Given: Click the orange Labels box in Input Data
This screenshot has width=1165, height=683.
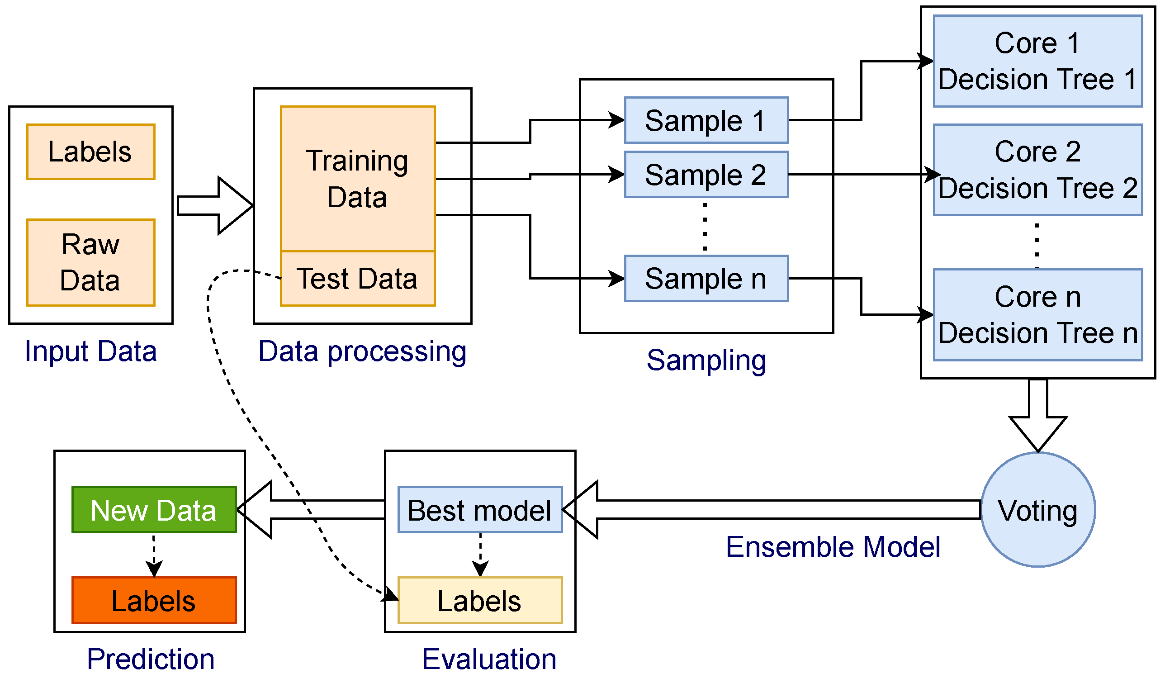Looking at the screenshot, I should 90,152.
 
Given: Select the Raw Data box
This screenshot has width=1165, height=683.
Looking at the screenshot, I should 90,263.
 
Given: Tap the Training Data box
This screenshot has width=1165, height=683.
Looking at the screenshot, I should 358,179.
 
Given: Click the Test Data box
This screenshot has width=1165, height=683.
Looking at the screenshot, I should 358,279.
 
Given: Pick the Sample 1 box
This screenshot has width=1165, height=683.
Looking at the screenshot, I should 706,120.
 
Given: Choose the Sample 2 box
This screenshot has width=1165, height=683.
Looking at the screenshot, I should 706,174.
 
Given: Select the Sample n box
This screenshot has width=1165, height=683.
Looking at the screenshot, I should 706,279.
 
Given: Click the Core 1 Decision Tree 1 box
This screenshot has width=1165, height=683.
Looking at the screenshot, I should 1038,61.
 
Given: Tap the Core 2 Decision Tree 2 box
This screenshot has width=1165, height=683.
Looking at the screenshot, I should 1038,170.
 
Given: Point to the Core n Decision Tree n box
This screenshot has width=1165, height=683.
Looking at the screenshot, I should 1038,315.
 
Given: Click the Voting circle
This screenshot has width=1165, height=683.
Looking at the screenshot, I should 1038,510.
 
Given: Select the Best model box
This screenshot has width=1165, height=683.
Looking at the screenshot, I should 480,510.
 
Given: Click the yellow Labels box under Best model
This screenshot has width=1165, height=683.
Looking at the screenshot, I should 480,600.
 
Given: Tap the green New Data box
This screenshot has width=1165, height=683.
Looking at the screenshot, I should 154,510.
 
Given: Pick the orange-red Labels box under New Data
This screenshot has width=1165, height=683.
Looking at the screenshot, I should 154,600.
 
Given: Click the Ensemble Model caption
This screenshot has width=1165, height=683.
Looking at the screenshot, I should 833,546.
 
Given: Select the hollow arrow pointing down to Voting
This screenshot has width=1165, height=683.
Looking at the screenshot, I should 1038,416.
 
